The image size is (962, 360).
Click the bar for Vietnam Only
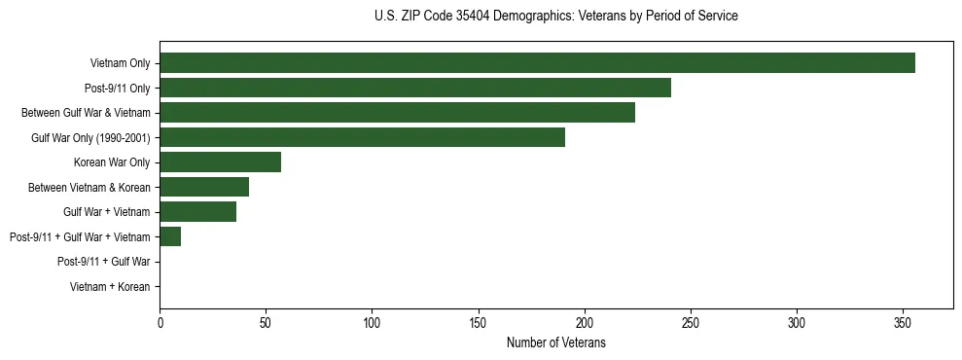(x=537, y=63)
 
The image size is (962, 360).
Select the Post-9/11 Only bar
(x=415, y=88)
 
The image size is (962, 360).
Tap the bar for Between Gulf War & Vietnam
(x=397, y=113)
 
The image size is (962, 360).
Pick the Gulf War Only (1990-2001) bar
(x=362, y=137)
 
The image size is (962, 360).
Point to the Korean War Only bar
(x=220, y=162)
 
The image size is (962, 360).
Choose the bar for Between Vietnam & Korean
(x=204, y=187)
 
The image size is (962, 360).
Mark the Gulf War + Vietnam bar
(x=197, y=212)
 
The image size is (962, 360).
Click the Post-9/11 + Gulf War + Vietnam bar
(x=170, y=236)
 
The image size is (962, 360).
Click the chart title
(x=555, y=17)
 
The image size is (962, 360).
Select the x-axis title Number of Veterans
(x=555, y=343)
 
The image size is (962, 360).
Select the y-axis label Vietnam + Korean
(x=110, y=287)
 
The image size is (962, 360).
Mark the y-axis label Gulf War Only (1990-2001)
(x=90, y=138)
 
